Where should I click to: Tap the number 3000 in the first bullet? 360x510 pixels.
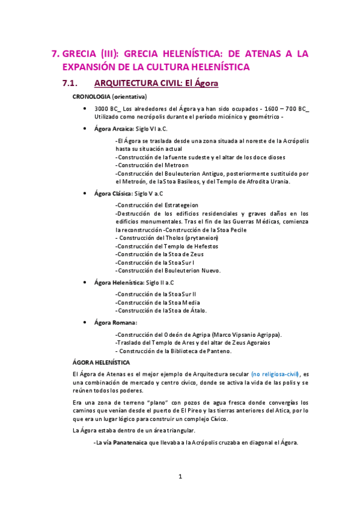pyautogui.click(x=104, y=108)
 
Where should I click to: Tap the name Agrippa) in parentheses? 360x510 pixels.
pyautogui.click(x=265, y=334)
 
